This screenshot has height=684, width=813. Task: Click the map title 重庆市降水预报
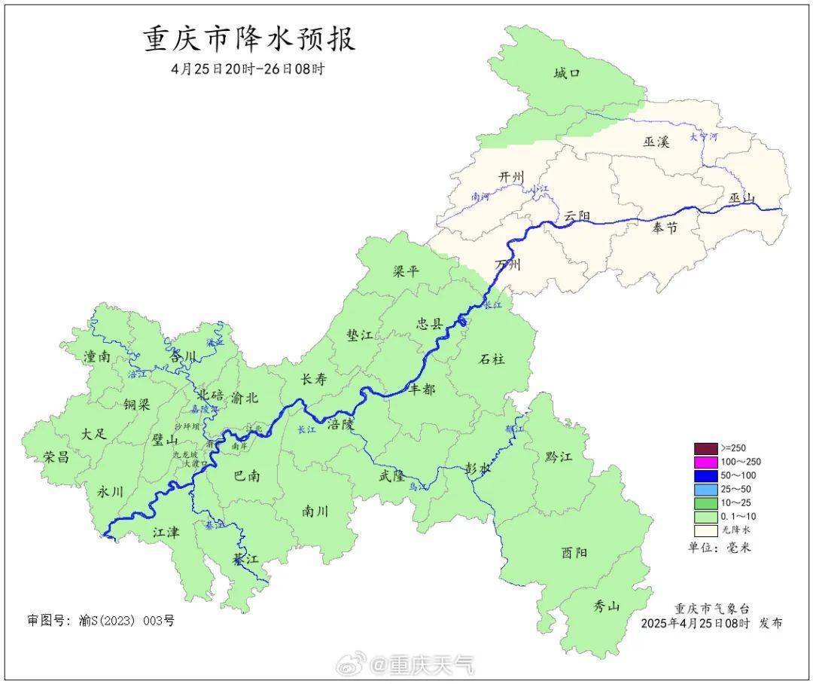click(x=248, y=39)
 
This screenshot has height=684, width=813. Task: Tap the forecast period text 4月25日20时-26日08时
click(x=248, y=69)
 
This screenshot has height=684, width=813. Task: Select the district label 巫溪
click(x=656, y=141)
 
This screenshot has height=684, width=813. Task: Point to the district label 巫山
click(x=741, y=198)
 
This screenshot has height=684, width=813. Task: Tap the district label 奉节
click(x=663, y=227)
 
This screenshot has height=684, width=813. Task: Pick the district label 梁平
click(x=406, y=271)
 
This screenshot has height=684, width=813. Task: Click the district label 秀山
click(x=606, y=606)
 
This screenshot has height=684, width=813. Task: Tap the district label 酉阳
click(x=574, y=552)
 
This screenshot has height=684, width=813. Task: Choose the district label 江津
click(x=166, y=532)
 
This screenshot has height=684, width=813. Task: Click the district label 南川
click(x=315, y=511)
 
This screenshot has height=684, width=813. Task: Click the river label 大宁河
click(x=704, y=137)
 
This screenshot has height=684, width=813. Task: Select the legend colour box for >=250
click(x=705, y=448)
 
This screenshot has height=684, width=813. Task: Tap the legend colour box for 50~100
click(x=705, y=475)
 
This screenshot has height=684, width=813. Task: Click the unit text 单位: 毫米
click(x=720, y=547)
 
